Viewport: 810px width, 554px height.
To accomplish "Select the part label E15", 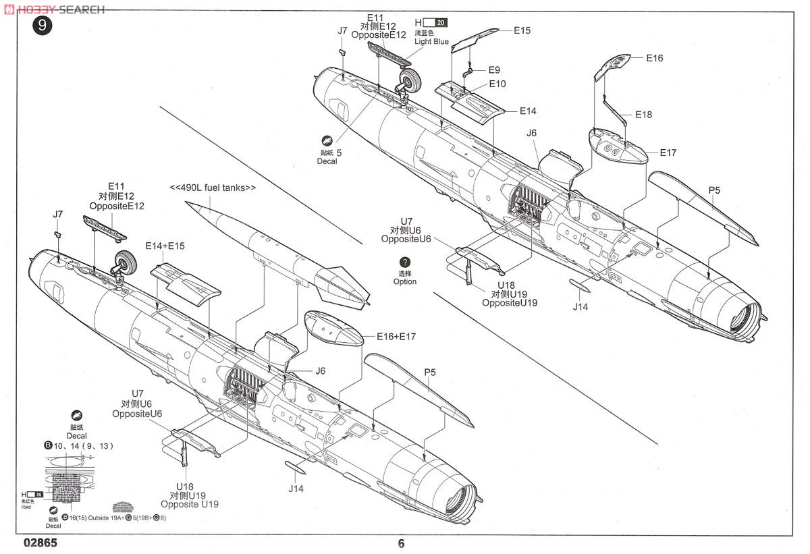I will tap(522, 30).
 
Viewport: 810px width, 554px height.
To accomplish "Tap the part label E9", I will tap(493, 70).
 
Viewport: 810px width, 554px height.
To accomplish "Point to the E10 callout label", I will tap(497, 84).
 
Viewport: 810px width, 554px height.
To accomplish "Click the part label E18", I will tap(643, 115).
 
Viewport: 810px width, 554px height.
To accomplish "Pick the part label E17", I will tap(668, 153).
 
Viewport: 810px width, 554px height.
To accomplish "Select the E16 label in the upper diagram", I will tap(654, 58).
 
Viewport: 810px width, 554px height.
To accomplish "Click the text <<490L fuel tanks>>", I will tap(213, 188).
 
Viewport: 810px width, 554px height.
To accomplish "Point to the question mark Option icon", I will tap(404, 262).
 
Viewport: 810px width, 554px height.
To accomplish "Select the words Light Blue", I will tap(431, 41).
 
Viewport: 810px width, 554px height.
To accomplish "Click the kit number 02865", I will tap(40, 543).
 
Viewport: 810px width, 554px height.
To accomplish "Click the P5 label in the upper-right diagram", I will tap(714, 190).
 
